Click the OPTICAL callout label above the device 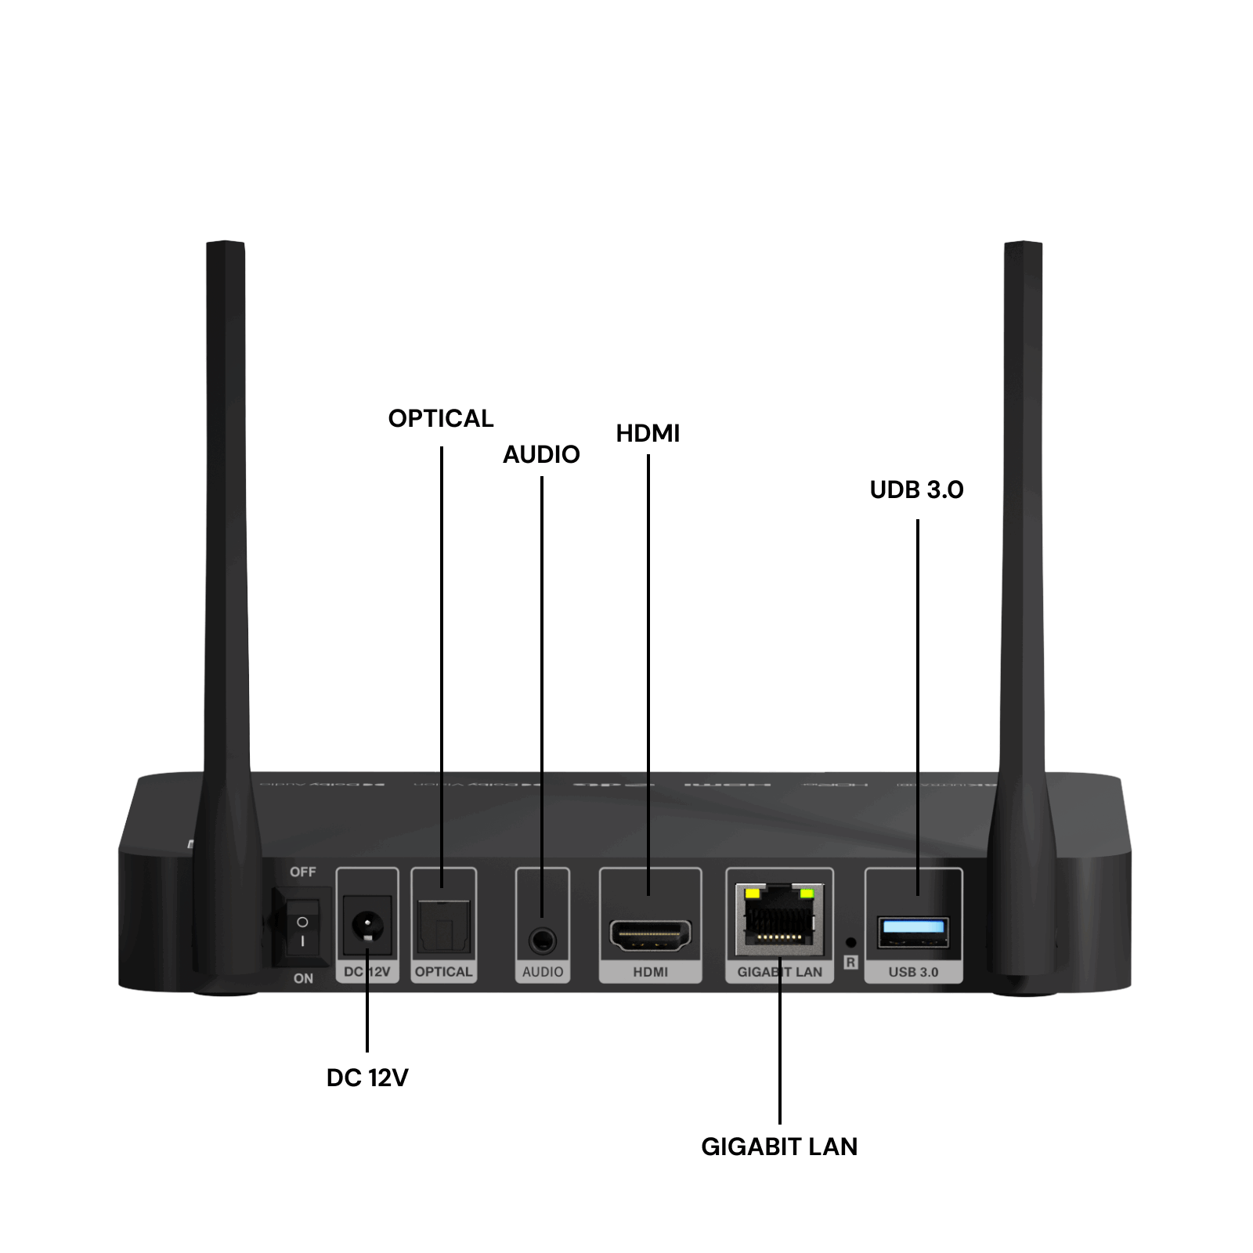pos(441,418)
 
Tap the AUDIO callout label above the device pos(541,454)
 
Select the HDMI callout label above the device pos(648,433)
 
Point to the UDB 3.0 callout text pos(916,489)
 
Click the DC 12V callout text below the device pos(367,1078)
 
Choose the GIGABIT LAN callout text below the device pos(779,1146)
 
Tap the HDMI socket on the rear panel pos(650,935)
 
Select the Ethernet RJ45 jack pos(779,918)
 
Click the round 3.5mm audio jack pos(542,940)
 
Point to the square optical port pos(444,929)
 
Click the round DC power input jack pos(367,926)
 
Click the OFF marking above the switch pos(303,872)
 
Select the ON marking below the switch pos(303,978)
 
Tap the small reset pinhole pos(851,942)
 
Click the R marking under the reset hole pos(851,962)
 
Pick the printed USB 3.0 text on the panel pos(913,972)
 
